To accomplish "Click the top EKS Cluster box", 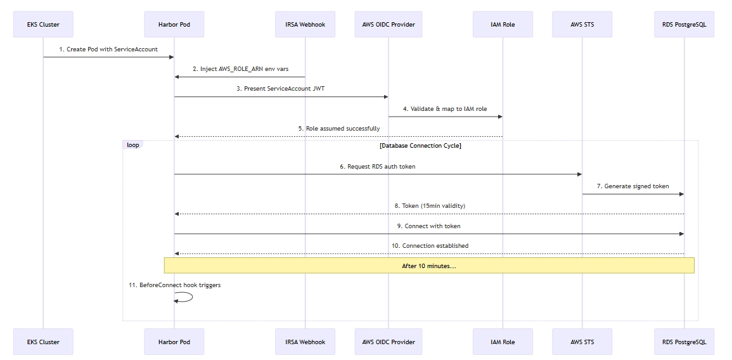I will tap(43, 25).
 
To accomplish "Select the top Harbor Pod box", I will tap(174, 25).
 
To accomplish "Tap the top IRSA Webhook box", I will tap(305, 25).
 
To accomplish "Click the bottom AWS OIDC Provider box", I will tap(388, 342).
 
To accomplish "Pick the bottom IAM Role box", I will tap(503, 342).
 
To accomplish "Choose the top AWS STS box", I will tap(582, 25).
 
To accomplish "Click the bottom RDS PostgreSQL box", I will tap(684, 342).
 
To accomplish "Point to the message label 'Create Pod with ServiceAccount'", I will tap(108, 49).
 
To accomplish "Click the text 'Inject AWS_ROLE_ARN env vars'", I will tap(240, 68).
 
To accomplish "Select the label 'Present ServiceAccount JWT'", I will tap(281, 89).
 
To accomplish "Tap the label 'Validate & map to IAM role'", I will tap(445, 108).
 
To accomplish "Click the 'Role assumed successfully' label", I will tap(339, 128).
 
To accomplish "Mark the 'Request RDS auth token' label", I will tap(378, 167).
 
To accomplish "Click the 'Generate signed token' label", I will tap(632, 186).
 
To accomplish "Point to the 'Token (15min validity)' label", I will tap(429, 206).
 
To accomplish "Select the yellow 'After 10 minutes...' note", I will tap(429, 266).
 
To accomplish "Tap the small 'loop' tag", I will tap(132, 145).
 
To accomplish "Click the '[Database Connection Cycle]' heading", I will tap(420, 146).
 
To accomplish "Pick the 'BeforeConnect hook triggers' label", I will tap(174, 285).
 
